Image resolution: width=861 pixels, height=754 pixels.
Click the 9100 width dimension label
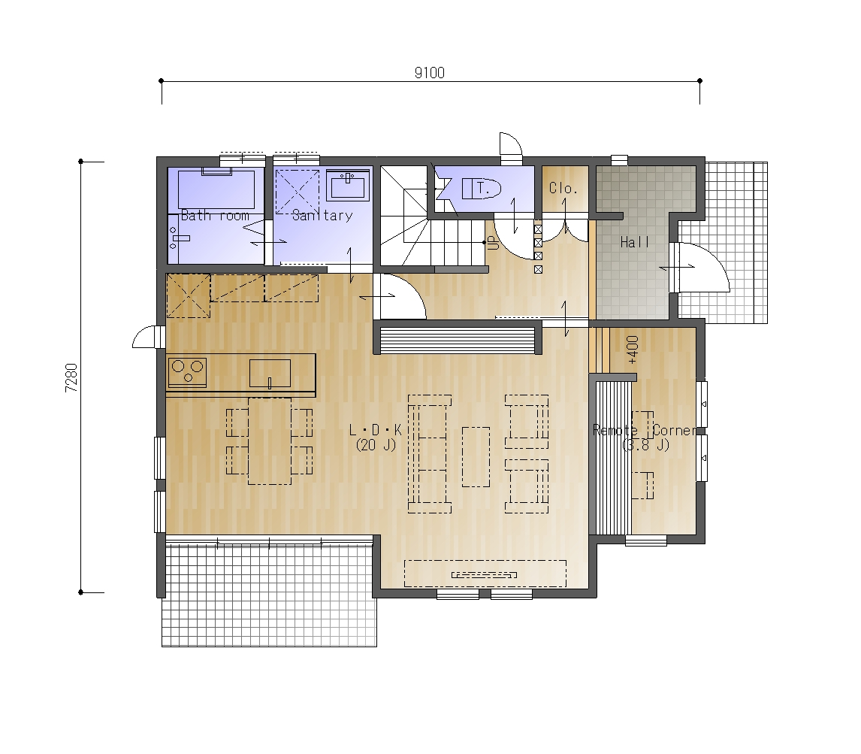tap(430, 72)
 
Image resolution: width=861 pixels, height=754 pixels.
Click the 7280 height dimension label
tap(72, 377)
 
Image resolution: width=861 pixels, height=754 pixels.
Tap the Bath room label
tap(215, 216)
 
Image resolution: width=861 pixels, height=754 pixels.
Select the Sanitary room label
tap(322, 216)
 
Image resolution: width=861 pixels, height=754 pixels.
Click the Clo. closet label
tap(563, 189)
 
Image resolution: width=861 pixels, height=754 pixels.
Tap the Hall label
tap(635, 242)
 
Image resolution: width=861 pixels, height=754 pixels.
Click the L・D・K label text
tap(376, 430)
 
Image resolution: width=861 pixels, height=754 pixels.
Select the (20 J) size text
tap(376, 445)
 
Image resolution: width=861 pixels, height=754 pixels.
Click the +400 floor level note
tap(633, 350)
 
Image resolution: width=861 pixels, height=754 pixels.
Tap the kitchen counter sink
tap(270, 374)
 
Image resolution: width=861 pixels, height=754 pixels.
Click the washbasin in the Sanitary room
tap(348, 185)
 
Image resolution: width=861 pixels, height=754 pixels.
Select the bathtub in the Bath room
tap(216, 189)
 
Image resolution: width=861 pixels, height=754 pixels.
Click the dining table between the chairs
tap(270, 441)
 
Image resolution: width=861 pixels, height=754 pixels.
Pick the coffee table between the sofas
tap(476, 457)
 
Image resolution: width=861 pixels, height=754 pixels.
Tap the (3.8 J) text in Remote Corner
tap(646, 444)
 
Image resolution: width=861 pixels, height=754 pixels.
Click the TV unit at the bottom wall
tap(485, 574)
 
